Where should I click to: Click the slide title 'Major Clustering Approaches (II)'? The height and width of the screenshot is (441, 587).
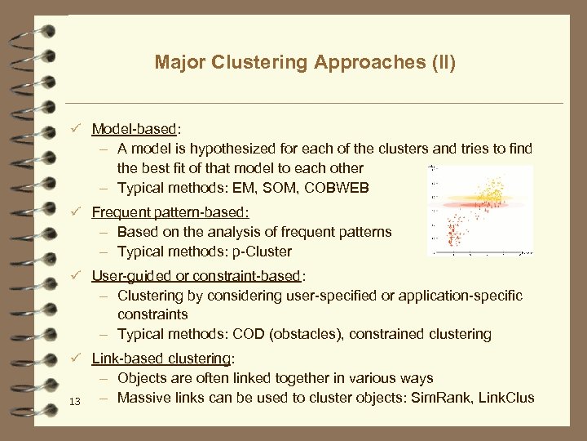tap(305, 63)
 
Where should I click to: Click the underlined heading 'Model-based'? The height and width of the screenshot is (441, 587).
tap(135, 129)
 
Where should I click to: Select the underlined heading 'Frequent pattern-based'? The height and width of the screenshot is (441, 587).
tap(170, 212)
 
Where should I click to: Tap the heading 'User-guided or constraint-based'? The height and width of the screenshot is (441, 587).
tap(196, 275)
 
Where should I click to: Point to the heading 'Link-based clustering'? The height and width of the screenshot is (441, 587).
tap(161, 359)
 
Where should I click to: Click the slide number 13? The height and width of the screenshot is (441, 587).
tap(75, 401)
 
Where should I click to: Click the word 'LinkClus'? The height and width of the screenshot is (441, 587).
tap(505, 398)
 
